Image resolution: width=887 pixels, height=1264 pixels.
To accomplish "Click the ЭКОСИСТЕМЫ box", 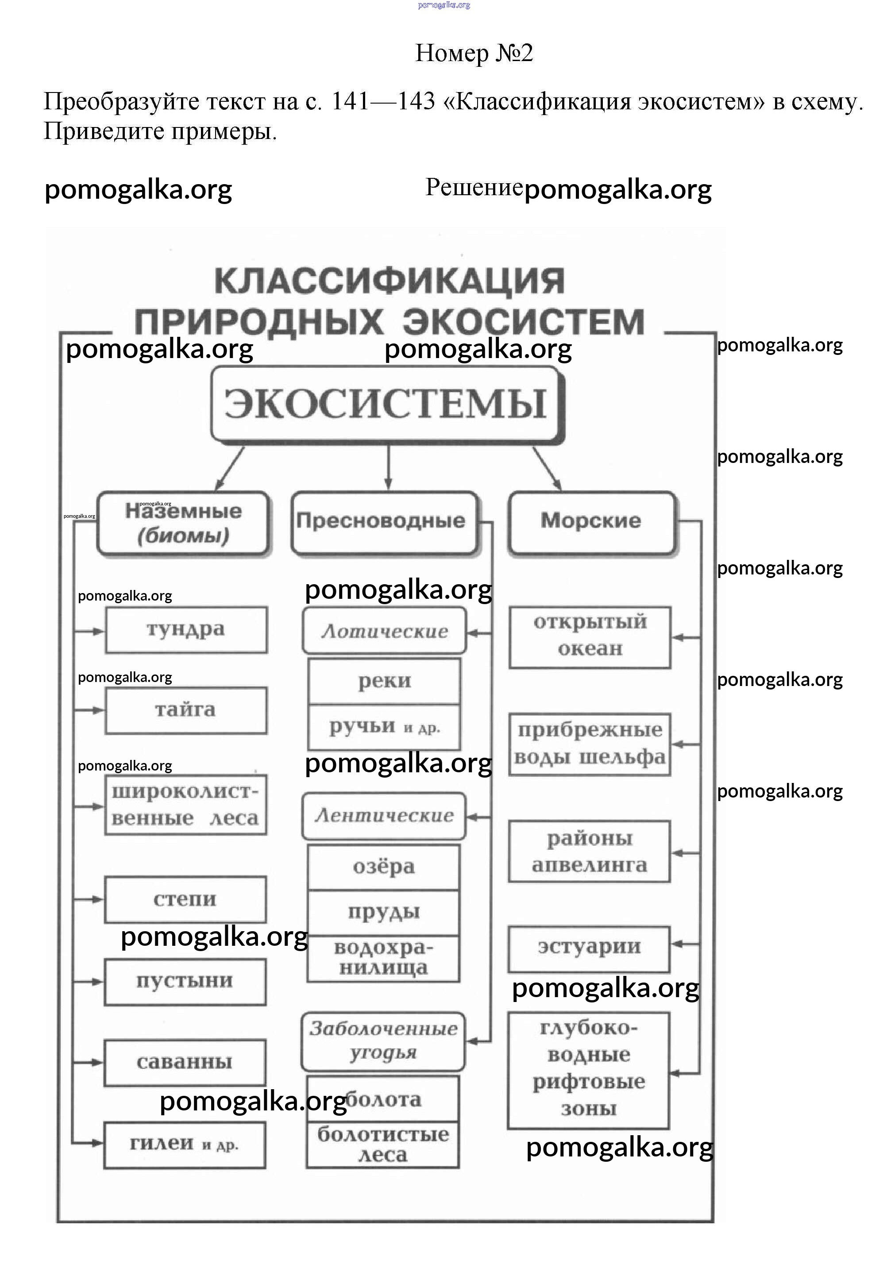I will click(386, 404).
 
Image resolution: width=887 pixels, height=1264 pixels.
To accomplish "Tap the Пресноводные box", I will click(384, 521).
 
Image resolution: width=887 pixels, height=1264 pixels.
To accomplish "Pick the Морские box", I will click(591, 521).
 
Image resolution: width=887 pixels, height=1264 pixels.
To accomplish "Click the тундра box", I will click(186, 629).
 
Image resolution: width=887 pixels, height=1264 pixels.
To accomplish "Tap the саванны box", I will click(185, 1062).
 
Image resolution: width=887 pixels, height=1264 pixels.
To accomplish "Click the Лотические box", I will click(384, 631).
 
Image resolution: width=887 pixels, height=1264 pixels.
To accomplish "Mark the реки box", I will click(384, 681).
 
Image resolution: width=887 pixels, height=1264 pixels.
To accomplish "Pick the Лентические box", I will click(384, 815).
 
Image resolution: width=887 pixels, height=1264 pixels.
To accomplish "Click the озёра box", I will click(384, 867).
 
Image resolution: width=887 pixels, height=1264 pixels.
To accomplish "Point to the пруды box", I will click(384, 912).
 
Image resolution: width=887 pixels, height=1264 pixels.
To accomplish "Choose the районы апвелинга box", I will click(589, 852).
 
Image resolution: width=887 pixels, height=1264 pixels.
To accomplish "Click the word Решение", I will click(474, 188).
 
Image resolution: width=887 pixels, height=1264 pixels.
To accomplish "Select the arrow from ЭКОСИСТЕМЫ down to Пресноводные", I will click(388, 467).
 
